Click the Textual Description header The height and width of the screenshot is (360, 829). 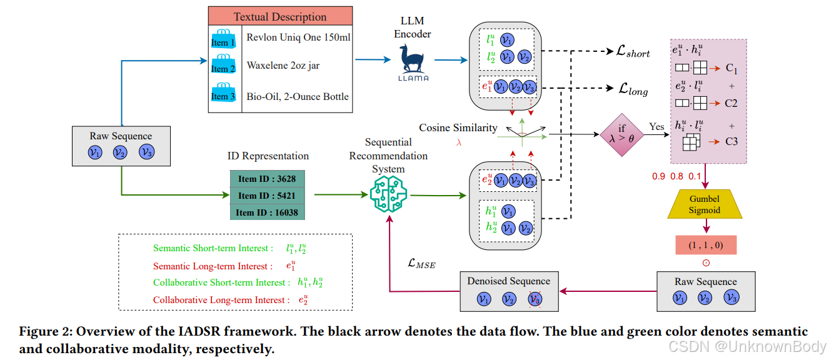280,17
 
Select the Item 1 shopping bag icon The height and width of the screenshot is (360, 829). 223,39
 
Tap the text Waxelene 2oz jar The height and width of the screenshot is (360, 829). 283,65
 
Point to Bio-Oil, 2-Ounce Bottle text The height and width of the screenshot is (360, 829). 298,96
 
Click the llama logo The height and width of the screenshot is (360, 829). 413,62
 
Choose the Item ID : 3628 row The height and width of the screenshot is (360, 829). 267,179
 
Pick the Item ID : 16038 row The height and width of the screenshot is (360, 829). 267,212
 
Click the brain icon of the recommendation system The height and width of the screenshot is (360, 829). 388,194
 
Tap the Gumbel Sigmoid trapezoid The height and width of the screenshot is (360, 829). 705,204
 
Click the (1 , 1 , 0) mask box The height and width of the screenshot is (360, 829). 706,245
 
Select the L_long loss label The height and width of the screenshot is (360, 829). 633,91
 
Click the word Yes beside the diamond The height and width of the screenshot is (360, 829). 656,127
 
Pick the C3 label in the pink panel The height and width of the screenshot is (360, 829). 731,142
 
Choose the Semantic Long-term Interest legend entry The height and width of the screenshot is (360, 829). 213,266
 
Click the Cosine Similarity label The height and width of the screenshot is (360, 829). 458,128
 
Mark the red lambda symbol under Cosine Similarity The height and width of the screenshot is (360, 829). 458,142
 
